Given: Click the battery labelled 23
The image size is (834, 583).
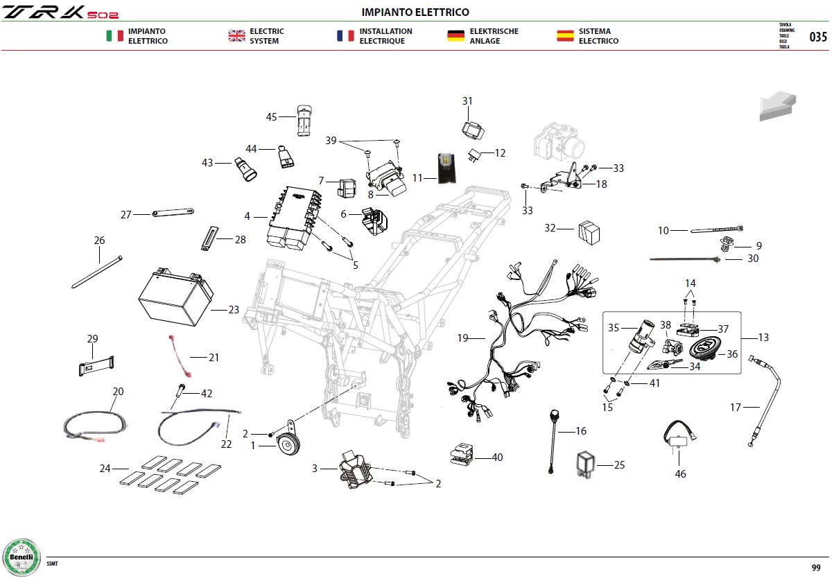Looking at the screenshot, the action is coord(175,297).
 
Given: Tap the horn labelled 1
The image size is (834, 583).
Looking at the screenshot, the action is coord(288,441).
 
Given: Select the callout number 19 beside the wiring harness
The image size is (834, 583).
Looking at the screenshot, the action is coord(462,338).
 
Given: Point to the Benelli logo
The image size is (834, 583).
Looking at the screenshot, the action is coord(21,557).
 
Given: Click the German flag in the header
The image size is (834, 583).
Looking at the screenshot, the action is coord(455,36).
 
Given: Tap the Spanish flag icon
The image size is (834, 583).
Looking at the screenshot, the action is coord(565,36).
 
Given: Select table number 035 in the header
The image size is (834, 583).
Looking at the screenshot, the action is coord(818,37).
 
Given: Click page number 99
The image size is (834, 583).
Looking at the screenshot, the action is coord(816,568).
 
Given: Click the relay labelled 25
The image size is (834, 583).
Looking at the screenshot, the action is coord(586,464).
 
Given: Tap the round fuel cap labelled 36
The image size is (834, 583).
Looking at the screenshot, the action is coord(704,349).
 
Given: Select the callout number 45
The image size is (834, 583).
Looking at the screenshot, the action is coord(271,117).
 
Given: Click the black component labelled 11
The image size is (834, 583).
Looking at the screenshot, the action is coord(446,168).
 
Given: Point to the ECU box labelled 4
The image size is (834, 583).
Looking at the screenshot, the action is coord(294,218).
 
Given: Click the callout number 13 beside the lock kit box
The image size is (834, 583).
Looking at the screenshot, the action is coord(763,338).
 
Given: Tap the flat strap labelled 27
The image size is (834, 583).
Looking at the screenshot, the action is coord(173,213).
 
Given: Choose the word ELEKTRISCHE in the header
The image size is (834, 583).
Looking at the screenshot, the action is coord(494,31).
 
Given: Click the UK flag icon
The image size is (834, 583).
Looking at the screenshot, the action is coord(237,36).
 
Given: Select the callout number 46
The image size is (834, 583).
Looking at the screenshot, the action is coord(680,474).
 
